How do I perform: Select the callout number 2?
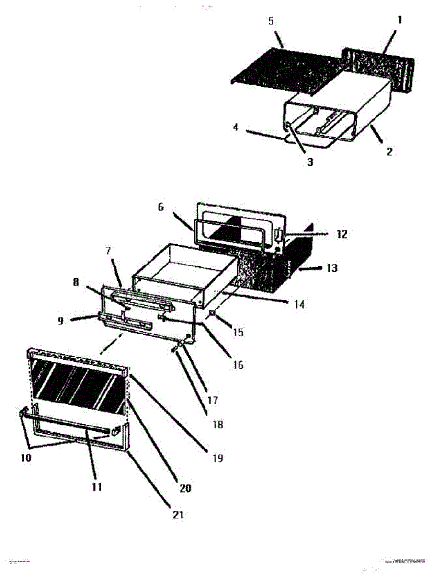[x=389, y=152]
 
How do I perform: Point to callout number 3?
[x=310, y=162]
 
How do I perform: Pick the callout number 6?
[x=160, y=207]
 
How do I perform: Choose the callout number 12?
[x=342, y=234]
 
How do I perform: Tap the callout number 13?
[x=331, y=268]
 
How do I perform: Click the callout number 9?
[x=61, y=322]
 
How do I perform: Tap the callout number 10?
[x=26, y=458]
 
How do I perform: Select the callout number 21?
[x=178, y=515]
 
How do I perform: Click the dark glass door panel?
[x=79, y=386]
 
